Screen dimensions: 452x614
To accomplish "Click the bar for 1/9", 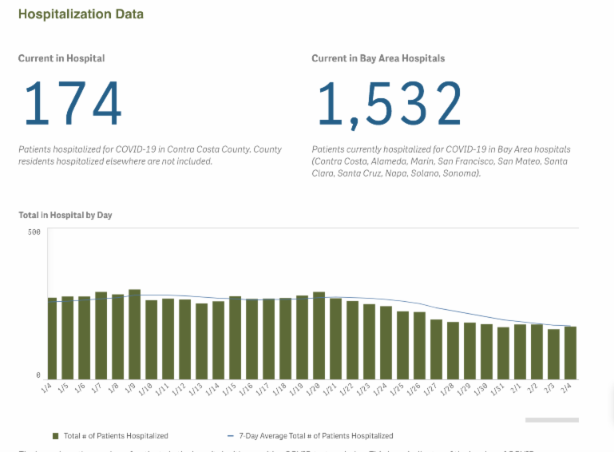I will (135, 335).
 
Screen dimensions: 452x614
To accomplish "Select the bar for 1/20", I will (319, 335).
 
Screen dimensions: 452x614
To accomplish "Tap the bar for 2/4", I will (570, 353).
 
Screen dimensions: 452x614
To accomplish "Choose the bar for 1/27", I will (436, 349).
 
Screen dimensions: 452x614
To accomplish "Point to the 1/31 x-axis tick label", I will (500, 389).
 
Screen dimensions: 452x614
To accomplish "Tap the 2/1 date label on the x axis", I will (518, 389).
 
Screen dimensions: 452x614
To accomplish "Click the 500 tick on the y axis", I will (34, 232).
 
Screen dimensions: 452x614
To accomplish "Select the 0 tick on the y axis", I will (38, 375).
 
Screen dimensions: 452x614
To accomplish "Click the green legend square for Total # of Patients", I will (56, 436).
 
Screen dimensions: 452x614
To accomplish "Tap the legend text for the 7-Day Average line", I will (315, 436).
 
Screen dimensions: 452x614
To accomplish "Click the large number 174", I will (73, 104).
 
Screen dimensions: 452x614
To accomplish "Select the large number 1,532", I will (389, 104).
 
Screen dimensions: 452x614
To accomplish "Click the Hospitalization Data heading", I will (81, 14).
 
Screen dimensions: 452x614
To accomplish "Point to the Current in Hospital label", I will (61, 58).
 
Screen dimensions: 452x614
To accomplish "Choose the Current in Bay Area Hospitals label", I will (378, 58).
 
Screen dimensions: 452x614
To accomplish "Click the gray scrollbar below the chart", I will (552, 419).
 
